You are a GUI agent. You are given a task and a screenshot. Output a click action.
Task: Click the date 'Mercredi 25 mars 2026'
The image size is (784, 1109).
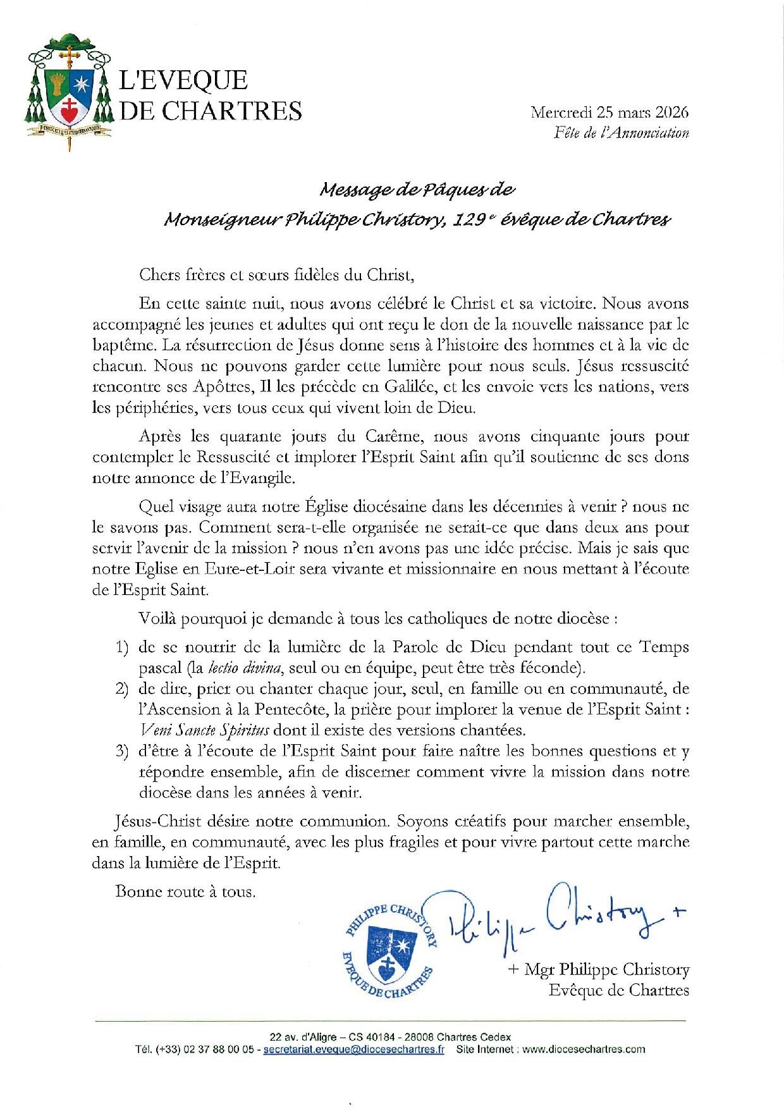609,113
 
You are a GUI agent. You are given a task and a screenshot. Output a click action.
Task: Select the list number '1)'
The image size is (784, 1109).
122,648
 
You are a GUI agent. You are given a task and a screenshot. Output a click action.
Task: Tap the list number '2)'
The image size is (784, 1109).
122,689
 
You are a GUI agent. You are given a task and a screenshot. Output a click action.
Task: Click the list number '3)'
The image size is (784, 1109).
122,752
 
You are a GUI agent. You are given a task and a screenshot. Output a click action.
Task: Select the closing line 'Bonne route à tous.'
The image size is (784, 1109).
185,892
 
